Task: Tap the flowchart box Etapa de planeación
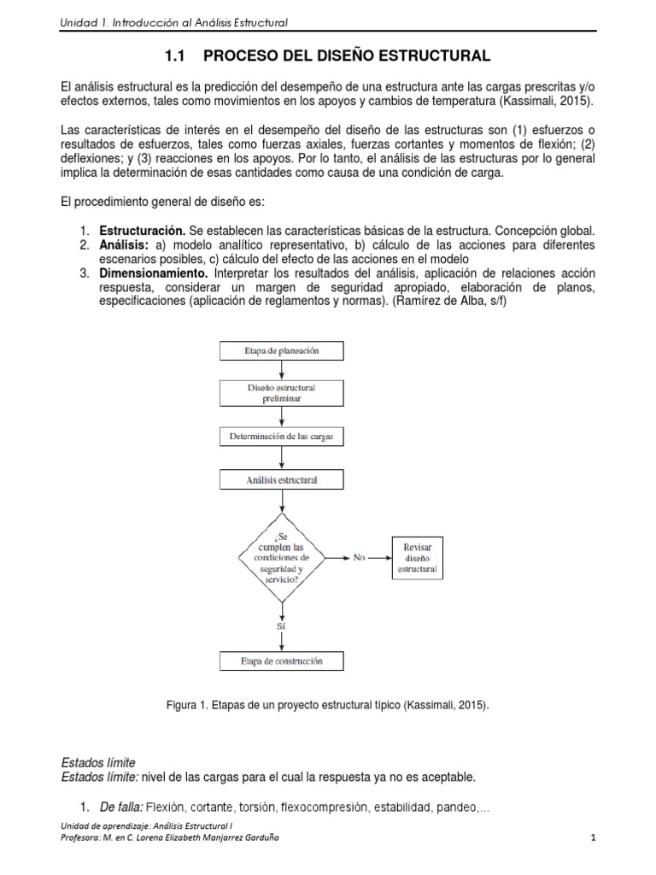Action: point(283,350)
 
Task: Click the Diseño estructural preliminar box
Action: point(283,393)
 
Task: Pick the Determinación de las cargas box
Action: point(283,437)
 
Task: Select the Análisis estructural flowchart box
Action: point(283,480)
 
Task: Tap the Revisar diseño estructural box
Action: point(417,556)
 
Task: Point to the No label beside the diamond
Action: point(358,557)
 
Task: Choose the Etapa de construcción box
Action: point(283,661)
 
